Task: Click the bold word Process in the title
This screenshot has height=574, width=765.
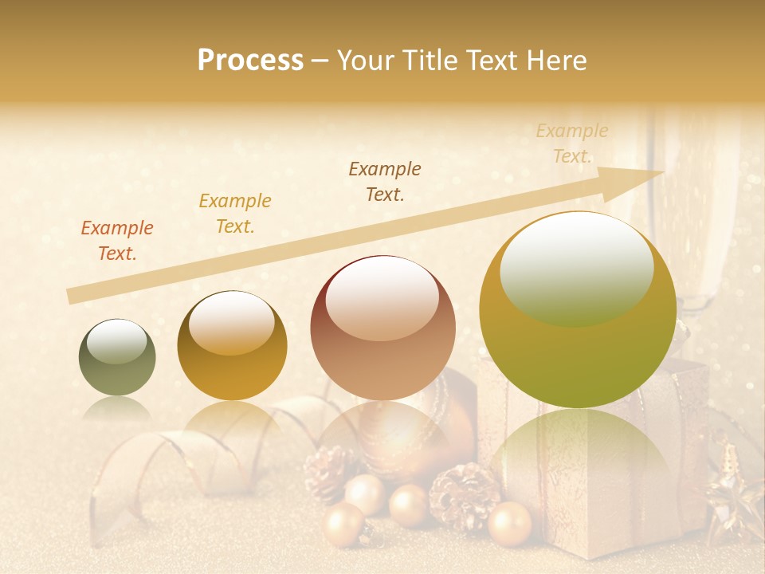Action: (250, 61)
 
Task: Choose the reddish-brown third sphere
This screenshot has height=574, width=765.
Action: (382, 328)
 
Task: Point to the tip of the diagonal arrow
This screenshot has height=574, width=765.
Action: (661, 172)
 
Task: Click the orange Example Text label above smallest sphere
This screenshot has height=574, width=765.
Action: (117, 241)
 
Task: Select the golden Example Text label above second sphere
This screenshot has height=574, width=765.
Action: (235, 214)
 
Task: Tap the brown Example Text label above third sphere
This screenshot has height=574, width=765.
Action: (385, 182)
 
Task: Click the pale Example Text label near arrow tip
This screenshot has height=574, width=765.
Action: (572, 143)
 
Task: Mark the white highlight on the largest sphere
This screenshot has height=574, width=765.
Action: (576, 269)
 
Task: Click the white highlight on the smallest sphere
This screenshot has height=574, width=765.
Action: (117, 341)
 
